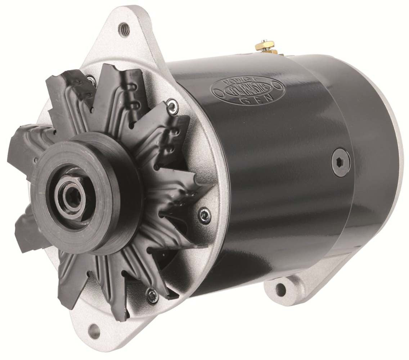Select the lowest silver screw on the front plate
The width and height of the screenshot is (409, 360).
152,296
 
